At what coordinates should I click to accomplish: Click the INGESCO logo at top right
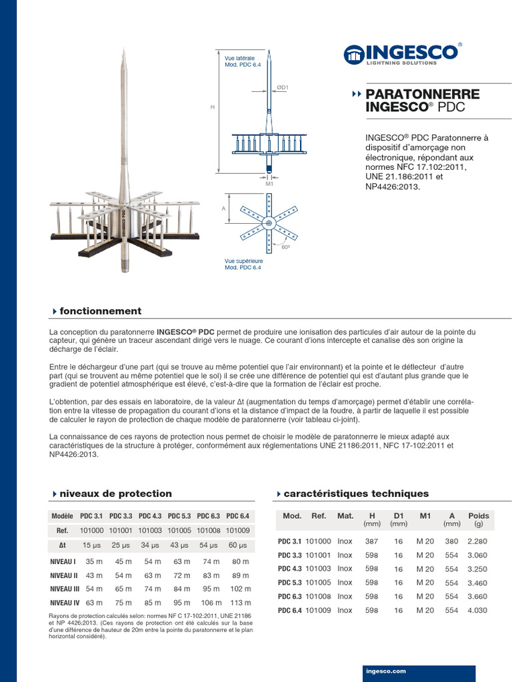[402, 53]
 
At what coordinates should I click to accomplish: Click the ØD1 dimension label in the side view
[283, 87]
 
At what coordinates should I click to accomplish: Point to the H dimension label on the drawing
[213, 107]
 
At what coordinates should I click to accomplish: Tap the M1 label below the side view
[269, 183]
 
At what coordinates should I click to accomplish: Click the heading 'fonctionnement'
[100, 311]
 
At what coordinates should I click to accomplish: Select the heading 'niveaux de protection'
[115, 494]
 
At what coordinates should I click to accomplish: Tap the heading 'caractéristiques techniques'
[356, 494]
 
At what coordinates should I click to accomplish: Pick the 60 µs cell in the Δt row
[238, 545]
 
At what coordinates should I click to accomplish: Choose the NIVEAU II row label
[64, 575]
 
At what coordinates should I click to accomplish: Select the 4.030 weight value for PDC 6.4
[478, 610]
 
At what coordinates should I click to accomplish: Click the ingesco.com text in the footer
[386, 671]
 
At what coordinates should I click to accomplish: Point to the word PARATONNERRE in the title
[423, 94]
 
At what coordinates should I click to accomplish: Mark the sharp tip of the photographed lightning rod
[124, 49]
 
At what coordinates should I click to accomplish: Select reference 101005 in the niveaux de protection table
[179, 530]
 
